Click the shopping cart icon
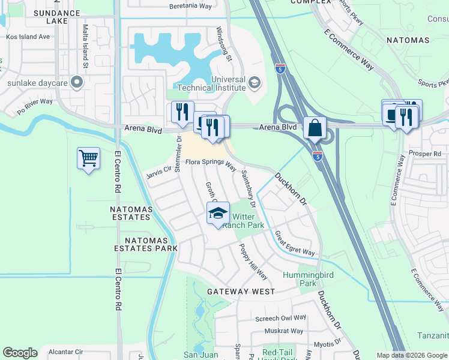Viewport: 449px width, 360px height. (88, 159)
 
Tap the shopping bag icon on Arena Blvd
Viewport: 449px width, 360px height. (315, 128)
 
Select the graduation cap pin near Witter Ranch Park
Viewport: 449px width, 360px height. (218, 214)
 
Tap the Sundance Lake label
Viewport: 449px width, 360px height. (57, 16)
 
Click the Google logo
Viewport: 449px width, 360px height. (20, 353)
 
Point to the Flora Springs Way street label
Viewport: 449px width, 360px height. (210, 163)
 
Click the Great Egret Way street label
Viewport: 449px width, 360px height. (294, 244)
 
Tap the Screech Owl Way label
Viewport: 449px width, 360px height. (280, 317)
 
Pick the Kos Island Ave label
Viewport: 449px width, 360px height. (28, 37)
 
